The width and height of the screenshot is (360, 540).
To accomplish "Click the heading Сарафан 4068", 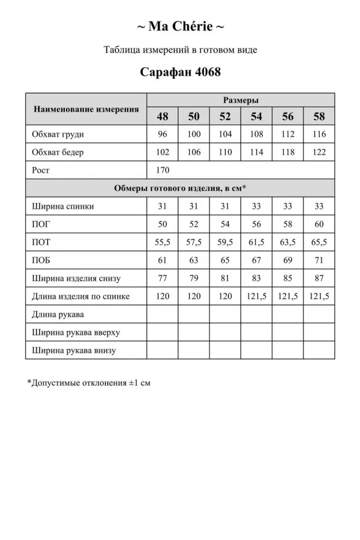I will pos(180,73).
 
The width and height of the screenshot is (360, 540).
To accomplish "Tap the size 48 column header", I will pos(163,116).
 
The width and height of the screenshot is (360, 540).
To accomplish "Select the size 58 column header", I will pos(319,116).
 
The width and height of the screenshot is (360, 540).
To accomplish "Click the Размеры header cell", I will pos(241,100).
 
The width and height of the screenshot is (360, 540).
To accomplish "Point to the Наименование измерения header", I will pos(86,109).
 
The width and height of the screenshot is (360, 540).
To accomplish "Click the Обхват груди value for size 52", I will pos(225,134).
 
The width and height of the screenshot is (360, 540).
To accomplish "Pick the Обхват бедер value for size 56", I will pos(288,152).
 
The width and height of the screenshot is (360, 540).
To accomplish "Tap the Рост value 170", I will pos(163,170).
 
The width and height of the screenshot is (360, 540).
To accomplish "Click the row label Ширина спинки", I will pos(63,206).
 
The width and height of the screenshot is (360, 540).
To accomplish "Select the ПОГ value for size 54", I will pos(257,224).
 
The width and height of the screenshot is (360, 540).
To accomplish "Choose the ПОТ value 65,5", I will pos(319,242).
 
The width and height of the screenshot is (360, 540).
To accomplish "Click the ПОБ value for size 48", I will pos(163,260).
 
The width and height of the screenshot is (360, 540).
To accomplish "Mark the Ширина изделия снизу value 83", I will pos(257,278).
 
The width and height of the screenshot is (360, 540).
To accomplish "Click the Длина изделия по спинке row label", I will pos(81,296).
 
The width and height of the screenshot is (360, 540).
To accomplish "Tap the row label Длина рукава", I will pos(59,314).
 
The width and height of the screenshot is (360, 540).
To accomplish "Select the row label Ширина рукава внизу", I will pos(74,350).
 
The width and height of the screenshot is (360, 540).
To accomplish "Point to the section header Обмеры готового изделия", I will pos(180,188).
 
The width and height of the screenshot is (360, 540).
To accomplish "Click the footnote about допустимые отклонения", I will pos(89,382).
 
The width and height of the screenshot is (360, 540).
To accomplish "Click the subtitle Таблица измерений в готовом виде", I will pos(180,50).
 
